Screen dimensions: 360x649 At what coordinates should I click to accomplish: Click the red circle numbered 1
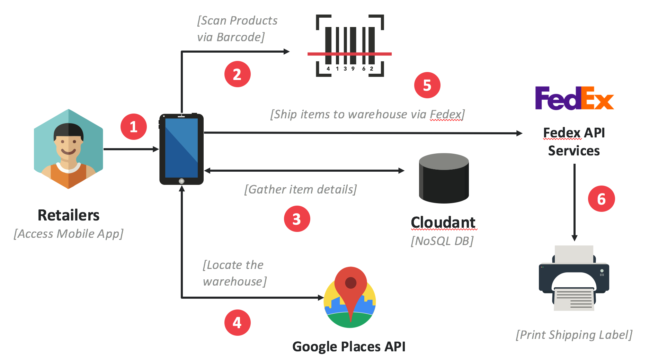(133, 127)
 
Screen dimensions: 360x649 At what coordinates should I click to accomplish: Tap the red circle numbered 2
(237, 74)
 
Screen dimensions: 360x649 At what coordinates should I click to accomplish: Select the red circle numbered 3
(297, 219)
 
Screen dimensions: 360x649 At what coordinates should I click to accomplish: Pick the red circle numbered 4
(237, 323)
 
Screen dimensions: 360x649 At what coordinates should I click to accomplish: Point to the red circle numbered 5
(427, 85)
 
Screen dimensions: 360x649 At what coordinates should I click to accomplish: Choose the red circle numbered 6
(601, 199)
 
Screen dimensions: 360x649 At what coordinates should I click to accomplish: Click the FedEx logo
(574, 98)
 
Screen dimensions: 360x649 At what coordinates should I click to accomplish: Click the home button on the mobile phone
(181, 181)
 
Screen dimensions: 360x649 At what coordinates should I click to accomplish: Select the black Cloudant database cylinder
(444, 178)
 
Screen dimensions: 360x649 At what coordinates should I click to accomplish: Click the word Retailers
(69, 215)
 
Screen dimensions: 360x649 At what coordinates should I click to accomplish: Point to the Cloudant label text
(443, 222)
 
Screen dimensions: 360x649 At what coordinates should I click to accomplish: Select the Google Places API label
(349, 346)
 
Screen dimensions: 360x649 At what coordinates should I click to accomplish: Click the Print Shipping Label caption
(574, 335)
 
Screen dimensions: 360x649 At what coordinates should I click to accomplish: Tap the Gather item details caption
(300, 189)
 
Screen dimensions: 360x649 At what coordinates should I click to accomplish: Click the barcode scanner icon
(350, 46)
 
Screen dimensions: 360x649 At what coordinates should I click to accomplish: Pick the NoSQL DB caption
(442, 241)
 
